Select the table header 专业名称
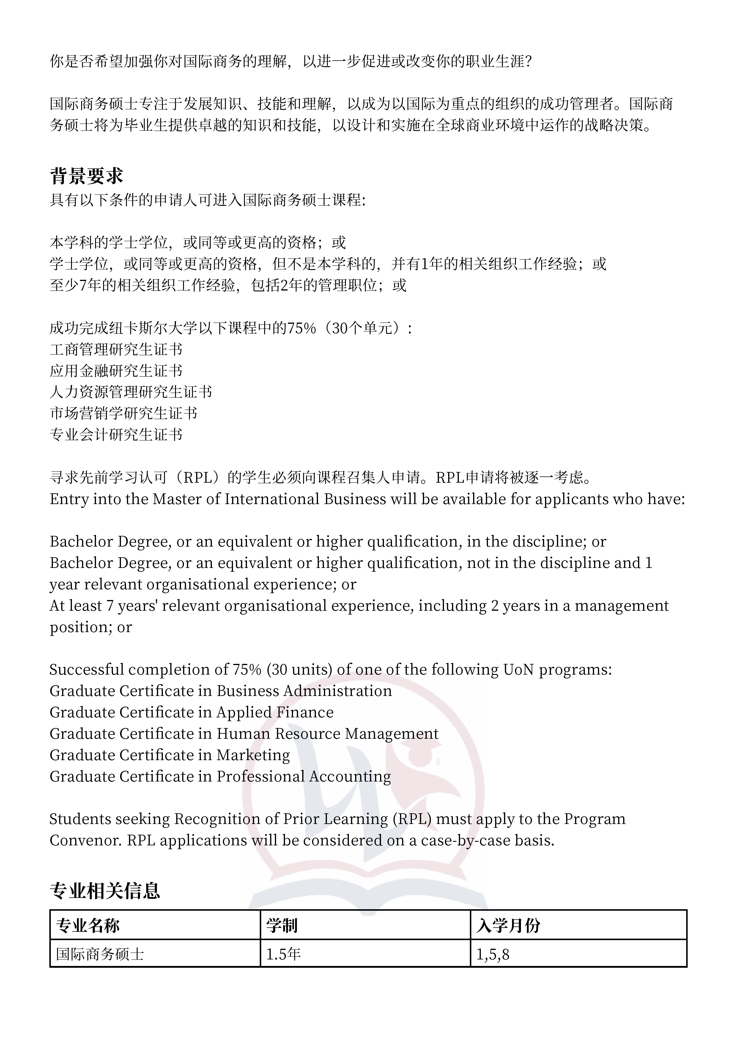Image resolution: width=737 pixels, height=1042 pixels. pos(88,925)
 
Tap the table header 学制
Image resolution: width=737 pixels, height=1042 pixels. pos(281,925)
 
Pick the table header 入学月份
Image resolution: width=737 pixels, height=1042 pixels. pos(508,925)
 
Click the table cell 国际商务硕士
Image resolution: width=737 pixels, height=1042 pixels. pos(100,954)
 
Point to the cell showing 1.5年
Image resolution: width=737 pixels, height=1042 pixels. pos(283,954)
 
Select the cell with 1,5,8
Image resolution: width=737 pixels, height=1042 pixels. pos(493,954)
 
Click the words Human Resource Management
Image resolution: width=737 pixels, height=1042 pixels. pos(327,734)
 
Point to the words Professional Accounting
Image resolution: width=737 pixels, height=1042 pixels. pos(303,776)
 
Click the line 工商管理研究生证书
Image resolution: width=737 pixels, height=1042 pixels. pos(116,349)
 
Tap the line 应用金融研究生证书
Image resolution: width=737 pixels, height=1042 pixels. pos(116,371)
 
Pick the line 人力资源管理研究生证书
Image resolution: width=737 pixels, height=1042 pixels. pos(131,392)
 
